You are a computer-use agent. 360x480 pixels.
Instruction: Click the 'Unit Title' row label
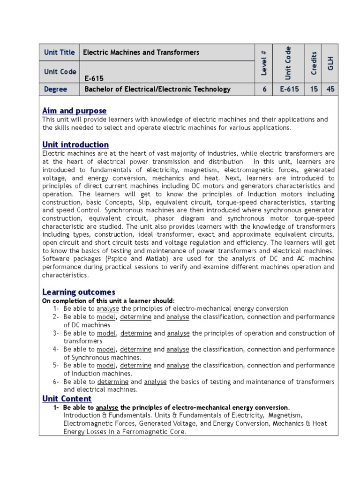click(59, 52)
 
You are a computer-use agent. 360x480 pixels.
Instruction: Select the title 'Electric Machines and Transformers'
click(141, 52)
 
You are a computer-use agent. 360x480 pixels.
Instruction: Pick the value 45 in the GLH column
click(330, 89)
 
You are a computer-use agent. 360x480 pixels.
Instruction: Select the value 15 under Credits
click(314, 89)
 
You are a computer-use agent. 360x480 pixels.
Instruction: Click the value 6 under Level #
click(264, 89)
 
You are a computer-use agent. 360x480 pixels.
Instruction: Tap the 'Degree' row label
click(55, 89)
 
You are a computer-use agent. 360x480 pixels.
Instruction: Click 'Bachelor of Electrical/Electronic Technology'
click(157, 89)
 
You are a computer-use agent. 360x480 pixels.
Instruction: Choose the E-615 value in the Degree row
click(289, 89)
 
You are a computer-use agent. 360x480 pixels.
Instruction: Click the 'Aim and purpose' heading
click(75, 111)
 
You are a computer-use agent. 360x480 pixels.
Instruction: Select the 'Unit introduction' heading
click(75, 144)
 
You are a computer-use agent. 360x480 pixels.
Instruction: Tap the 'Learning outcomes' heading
click(79, 292)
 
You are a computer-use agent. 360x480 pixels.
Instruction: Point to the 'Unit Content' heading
click(67, 398)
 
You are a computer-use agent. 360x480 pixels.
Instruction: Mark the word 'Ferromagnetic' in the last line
click(140, 432)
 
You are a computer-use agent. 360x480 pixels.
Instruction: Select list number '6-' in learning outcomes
click(56, 382)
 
